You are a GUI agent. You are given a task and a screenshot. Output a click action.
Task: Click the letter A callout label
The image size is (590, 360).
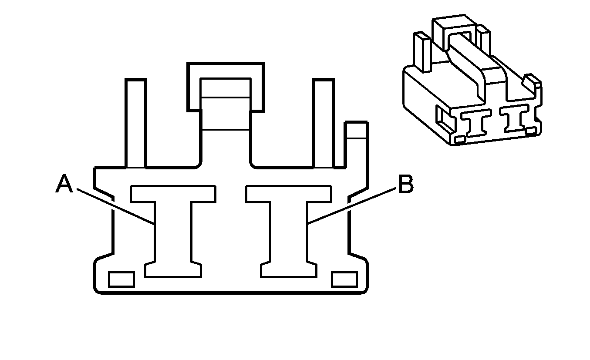[64, 184]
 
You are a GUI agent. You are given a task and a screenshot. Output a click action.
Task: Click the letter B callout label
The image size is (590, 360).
[406, 184]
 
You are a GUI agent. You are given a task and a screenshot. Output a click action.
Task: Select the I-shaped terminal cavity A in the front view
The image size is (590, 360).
[173, 232]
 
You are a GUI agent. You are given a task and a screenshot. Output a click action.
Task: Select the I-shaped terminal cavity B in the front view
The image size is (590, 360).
[289, 232]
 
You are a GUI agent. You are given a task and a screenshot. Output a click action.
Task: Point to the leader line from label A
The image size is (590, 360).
[115, 206]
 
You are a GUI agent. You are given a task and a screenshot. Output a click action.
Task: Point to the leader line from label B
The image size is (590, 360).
[352, 206]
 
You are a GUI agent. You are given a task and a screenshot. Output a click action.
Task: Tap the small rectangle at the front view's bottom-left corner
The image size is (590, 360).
[121, 279]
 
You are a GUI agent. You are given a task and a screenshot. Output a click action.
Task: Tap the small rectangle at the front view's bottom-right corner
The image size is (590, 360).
[344, 279]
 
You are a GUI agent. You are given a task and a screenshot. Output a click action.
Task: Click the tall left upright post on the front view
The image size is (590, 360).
[136, 123]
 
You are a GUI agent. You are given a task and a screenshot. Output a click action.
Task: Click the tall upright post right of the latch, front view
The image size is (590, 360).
[324, 123]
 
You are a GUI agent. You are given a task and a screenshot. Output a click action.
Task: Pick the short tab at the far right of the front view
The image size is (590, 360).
[356, 145]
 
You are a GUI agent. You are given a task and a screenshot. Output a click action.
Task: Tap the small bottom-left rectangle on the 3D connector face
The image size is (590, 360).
[460, 139]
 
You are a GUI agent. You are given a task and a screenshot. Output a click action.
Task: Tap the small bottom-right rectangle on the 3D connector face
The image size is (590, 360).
[531, 131]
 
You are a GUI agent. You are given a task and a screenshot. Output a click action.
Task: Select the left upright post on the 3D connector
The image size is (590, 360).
[422, 52]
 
